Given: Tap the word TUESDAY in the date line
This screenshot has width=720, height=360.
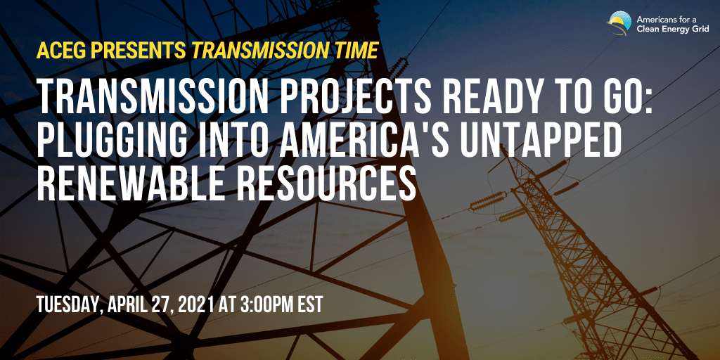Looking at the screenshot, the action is (x=70, y=305).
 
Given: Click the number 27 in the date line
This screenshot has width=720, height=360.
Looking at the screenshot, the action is (x=164, y=305).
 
